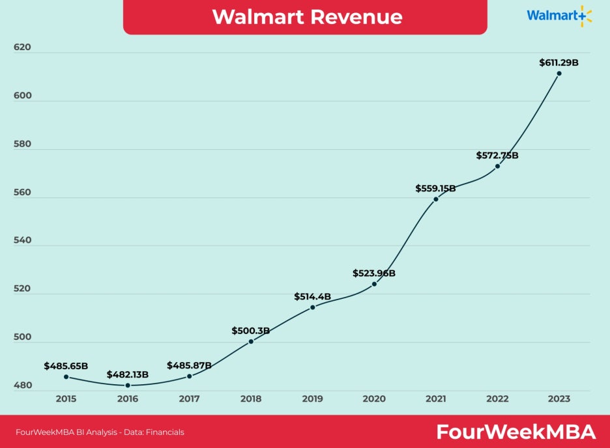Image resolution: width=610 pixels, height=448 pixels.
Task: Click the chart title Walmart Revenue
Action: pos(307,16)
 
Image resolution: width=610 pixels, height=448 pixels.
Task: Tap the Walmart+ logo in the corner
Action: pos(559,16)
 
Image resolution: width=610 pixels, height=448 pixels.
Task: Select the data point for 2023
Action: pos(559,73)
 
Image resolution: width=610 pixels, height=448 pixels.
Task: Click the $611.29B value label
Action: pos(559,63)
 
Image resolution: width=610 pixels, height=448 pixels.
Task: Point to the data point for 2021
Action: pos(436,199)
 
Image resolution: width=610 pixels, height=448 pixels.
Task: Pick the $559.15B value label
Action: pos(436,188)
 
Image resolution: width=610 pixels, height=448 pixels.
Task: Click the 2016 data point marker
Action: pos(128,385)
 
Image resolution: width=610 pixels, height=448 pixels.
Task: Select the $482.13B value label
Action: pos(128,374)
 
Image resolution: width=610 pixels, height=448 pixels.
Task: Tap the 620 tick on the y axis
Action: pos(22,48)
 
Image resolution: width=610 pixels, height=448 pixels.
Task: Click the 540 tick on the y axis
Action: pos(22,240)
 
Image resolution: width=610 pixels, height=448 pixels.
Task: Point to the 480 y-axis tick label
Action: pos(22,385)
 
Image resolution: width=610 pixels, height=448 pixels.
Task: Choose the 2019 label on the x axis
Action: pos(313,399)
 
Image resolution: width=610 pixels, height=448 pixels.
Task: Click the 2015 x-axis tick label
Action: pos(66,399)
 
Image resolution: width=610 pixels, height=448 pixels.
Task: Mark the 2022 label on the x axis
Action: pos(497,399)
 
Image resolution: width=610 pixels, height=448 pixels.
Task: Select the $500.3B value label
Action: pos(251,331)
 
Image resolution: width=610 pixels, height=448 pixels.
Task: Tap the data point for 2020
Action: pos(374,284)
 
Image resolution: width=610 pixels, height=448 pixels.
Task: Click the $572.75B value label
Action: pos(497,156)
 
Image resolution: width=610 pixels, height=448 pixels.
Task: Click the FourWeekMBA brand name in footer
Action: pos(516,432)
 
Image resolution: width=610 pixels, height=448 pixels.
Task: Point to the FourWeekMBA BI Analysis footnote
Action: pos(100,432)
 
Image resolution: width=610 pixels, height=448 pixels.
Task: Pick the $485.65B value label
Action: pos(66,366)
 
